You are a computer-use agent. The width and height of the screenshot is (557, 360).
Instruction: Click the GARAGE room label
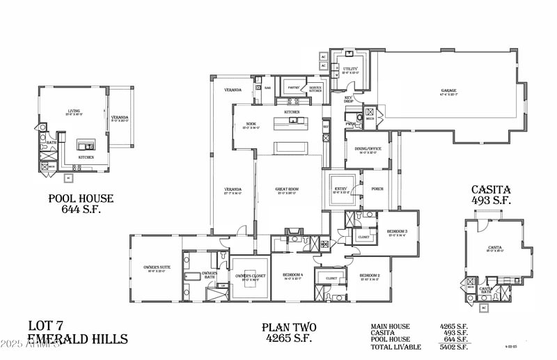pos(448,91)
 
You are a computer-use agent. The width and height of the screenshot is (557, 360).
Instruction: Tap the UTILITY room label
pos(350,69)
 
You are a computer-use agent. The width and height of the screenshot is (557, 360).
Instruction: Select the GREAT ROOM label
pos(288,189)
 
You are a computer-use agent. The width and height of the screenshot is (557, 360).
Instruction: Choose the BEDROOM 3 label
pos(397,231)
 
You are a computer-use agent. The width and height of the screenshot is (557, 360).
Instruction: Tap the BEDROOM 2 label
pos(369,276)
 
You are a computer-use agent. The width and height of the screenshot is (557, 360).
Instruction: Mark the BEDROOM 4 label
pos(291,276)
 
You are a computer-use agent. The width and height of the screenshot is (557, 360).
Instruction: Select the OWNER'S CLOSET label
pos(249,276)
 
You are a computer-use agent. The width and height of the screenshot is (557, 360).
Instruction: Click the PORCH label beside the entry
pos(377,188)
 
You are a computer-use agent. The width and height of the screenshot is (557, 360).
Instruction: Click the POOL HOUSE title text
pos(81,198)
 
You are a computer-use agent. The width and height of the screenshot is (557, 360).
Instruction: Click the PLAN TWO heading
pos(290,327)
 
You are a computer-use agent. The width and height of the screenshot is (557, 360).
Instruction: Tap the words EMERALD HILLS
pos(77,339)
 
